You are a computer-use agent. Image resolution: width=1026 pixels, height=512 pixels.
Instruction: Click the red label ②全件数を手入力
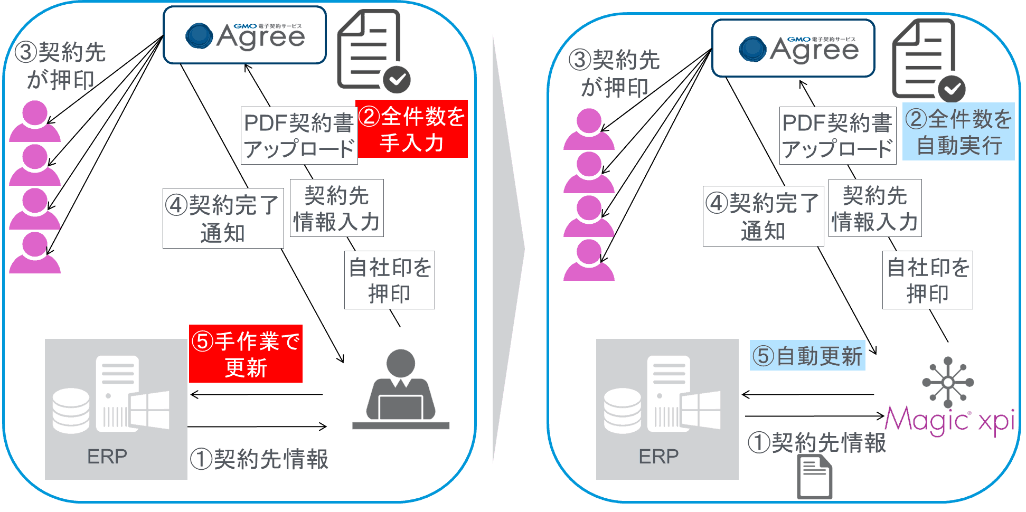(412, 129)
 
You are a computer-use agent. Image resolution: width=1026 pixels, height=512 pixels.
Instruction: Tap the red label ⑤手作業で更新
(246, 354)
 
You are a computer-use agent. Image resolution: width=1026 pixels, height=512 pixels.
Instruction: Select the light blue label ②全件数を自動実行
(958, 132)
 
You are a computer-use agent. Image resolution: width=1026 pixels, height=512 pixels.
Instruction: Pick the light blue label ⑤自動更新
(807, 356)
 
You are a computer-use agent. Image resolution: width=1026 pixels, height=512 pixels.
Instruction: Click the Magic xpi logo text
(949, 421)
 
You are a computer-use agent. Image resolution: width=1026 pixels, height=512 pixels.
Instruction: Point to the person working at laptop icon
(401, 390)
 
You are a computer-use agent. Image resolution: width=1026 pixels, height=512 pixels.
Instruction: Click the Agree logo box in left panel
(244, 35)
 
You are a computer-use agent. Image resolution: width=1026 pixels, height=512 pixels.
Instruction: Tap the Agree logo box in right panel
(793, 49)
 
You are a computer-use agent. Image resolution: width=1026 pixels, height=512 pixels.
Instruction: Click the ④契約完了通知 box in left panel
(223, 219)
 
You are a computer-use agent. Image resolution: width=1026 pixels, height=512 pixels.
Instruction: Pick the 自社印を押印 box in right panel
(927, 280)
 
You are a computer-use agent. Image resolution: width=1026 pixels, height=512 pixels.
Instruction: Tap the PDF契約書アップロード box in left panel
(299, 136)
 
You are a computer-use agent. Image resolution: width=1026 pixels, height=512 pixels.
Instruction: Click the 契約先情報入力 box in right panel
(875, 208)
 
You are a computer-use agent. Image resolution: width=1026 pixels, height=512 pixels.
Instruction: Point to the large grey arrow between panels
(508, 248)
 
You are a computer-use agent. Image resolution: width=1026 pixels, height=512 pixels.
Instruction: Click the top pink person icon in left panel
(35, 122)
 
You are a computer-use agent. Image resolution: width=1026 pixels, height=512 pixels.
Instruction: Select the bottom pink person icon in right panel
(589, 261)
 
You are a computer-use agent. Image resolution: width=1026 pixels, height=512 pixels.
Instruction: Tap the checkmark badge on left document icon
(397, 80)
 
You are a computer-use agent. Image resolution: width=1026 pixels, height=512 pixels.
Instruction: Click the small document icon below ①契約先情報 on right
(815, 478)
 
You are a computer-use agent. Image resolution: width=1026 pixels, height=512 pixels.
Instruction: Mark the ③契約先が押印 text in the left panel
(60, 66)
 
